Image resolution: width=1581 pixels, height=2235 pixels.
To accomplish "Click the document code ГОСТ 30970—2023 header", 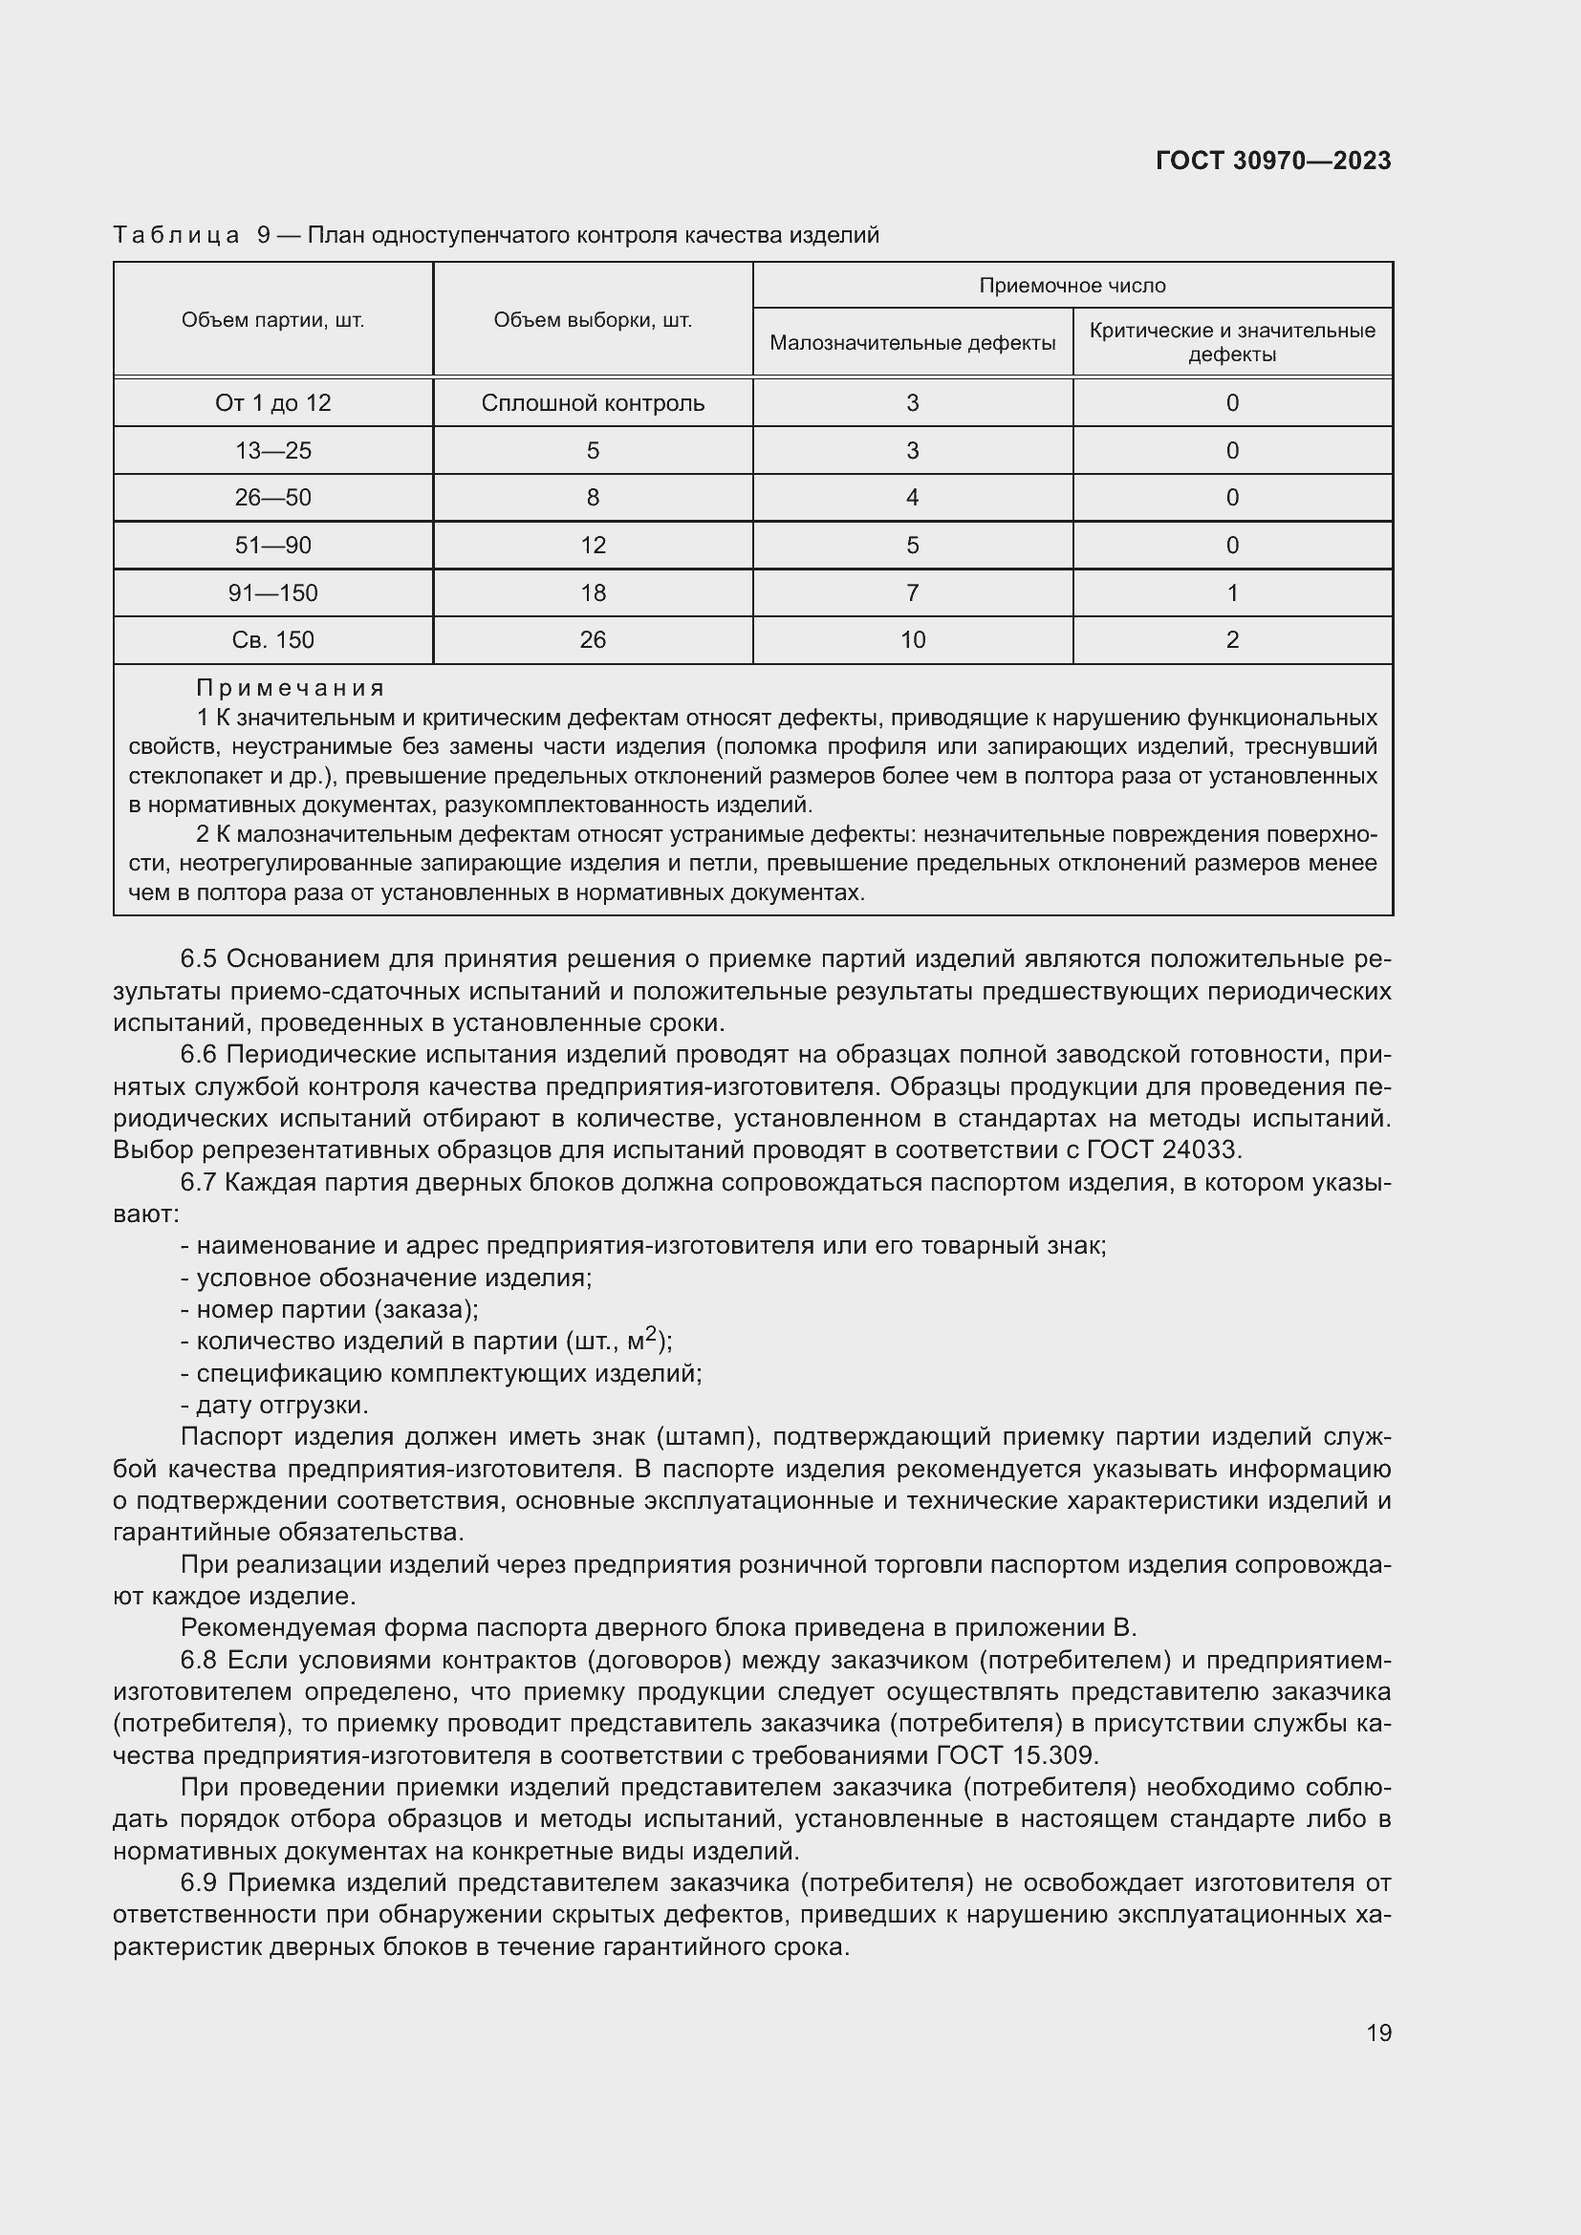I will pyautogui.click(x=1272, y=161).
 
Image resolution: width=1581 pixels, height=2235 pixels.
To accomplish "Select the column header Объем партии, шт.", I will pyautogui.click(x=272, y=320).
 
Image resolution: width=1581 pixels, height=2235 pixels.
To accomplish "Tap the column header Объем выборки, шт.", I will pyautogui.click(x=592, y=320).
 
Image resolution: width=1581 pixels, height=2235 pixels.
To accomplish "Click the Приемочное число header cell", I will pyautogui.click(x=1072, y=285).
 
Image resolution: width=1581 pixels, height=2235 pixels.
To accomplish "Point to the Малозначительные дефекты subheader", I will pyautogui.click(x=912, y=343).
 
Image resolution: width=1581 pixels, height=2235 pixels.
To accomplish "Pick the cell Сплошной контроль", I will pyautogui.click(x=592, y=403).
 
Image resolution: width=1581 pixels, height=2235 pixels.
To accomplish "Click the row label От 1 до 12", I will pyautogui.click(x=272, y=403).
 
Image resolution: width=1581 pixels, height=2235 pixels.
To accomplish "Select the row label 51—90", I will pyautogui.click(x=272, y=545).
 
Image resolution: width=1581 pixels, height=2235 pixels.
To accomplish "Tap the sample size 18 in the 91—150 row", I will pyautogui.click(x=592, y=592).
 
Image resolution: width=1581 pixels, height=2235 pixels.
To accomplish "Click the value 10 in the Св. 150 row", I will pyautogui.click(x=912, y=639).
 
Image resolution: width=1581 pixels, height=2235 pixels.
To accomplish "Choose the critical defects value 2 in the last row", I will pyautogui.click(x=1231, y=639).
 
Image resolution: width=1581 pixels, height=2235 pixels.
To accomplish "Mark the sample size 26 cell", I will pyautogui.click(x=592, y=639).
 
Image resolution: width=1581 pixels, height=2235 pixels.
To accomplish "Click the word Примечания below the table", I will pyautogui.click(x=291, y=688).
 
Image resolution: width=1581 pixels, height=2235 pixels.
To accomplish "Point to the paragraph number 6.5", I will pyautogui.click(x=198, y=959).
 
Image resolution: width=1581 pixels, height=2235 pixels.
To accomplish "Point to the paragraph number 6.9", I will pyautogui.click(x=198, y=1883).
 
